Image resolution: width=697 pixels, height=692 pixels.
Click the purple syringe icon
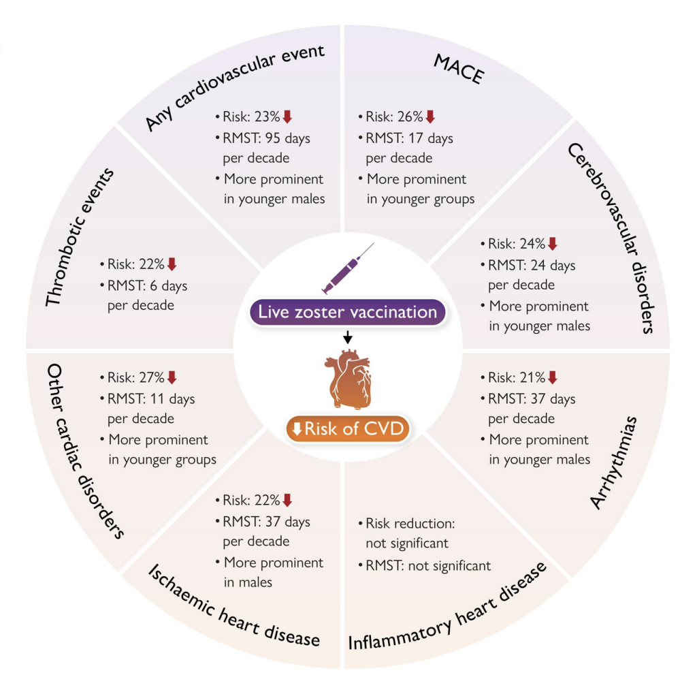[348, 268]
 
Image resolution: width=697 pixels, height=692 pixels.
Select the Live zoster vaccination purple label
[348, 312]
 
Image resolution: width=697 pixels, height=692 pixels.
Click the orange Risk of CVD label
[348, 428]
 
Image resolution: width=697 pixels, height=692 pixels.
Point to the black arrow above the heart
[348, 337]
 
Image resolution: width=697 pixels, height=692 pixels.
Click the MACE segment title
[459, 69]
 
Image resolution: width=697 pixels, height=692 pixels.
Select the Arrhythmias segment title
[613, 463]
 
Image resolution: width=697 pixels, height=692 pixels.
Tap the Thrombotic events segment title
[80, 237]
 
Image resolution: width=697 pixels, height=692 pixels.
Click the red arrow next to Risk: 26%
[430, 116]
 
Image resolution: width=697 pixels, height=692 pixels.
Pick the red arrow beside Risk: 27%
[172, 377]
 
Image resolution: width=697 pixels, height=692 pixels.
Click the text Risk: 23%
[251, 116]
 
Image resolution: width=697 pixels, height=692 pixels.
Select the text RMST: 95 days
[266, 138]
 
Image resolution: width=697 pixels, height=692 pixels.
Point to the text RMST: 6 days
[147, 285]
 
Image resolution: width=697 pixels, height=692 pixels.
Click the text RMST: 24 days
[532, 266]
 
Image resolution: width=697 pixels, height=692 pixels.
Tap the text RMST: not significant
[428, 566]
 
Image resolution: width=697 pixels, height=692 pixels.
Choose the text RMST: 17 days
[409, 138]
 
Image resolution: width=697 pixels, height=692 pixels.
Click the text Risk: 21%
[517, 377]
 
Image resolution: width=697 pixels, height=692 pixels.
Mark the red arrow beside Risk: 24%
[553, 244]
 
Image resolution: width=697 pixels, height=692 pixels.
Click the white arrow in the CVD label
[297, 429]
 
